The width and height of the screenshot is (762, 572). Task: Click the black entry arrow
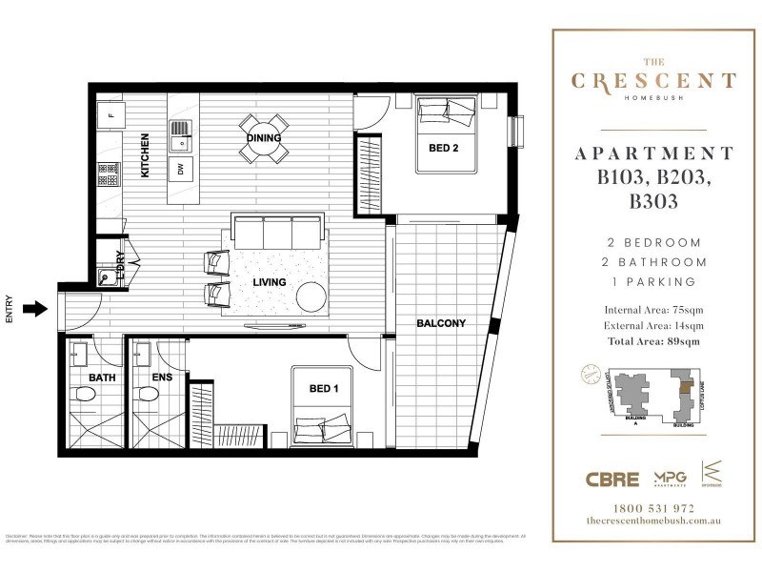[x=34, y=308]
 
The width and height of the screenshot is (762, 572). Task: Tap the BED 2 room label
[x=444, y=148]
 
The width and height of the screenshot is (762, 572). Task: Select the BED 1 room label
[x=324, y=389]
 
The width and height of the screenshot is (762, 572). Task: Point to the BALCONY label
[x=441, y=323]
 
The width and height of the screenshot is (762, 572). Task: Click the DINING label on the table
[x=264, y=138]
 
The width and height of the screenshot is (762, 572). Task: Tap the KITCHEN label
[x=146, y=156]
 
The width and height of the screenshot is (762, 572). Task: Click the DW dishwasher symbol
[x=179, y=170]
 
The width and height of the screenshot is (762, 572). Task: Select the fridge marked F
[x=110, y=115]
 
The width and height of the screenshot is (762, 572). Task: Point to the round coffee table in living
[x=312, y=296]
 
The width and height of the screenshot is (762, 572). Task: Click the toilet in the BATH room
[x=83, y=396]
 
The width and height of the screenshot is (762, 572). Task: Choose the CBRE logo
[x=612, y=478]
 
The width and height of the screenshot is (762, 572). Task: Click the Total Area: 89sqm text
[x=652, y=340]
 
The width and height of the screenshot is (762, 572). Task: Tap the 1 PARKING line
[x=652, y=281]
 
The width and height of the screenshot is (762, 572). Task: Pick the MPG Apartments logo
[x=671, y=478]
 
